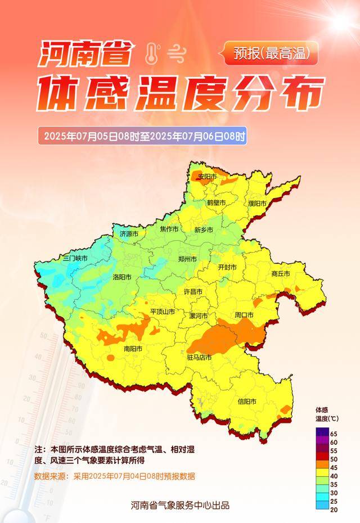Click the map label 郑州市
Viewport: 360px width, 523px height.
click(187, 259)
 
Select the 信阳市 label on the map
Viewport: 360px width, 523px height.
click(247, 402)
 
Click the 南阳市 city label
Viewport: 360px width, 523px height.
click(133, 349)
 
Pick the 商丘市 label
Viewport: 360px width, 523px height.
click(280, 274)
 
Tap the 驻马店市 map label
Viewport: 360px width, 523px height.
click(199, 357)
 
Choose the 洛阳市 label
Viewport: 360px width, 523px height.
click(122, 277)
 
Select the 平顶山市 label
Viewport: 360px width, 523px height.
click(162, 312)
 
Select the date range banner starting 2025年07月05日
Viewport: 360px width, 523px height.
click(143, 136)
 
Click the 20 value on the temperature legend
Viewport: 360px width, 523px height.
click(334, 510)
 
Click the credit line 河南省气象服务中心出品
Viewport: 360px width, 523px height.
click(179, 505)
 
